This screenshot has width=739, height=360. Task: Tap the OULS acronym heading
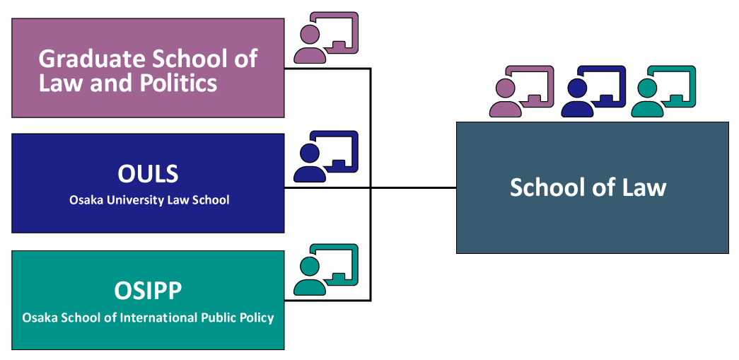[148, 174]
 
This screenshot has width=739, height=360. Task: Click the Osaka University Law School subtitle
[149, 200]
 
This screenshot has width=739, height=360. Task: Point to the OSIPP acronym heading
[148, 290]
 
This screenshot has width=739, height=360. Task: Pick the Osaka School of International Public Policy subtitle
[148, 318]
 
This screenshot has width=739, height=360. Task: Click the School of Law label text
[588, 187]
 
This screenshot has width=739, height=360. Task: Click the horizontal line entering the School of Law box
[414, 188]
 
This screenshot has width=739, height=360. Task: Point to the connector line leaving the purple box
[327, 69]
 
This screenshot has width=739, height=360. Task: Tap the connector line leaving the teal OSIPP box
[327, 301]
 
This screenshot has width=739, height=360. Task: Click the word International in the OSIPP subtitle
[150, 318]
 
